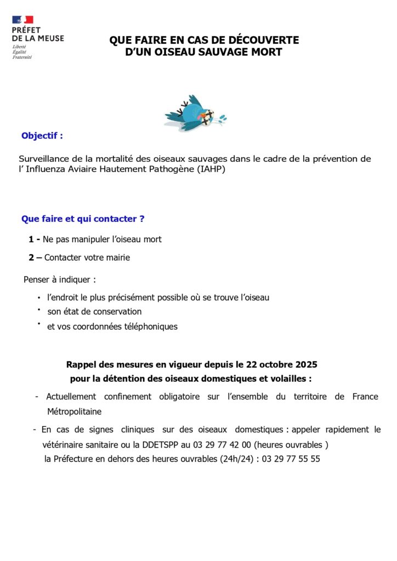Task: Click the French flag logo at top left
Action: click(x=22, y=20)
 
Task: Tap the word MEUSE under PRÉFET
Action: click(x=50, y=38)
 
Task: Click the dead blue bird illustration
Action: click(x=195, y=113)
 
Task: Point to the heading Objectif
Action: click(x=42, y=135)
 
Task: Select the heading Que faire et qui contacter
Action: click(x=83, y=219)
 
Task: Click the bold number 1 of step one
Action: click(x=31, y=239)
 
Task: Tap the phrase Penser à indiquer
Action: click(x=59, y=279)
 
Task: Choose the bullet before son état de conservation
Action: click(x=39, y=310)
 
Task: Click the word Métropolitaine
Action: click(x=74, y=411)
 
